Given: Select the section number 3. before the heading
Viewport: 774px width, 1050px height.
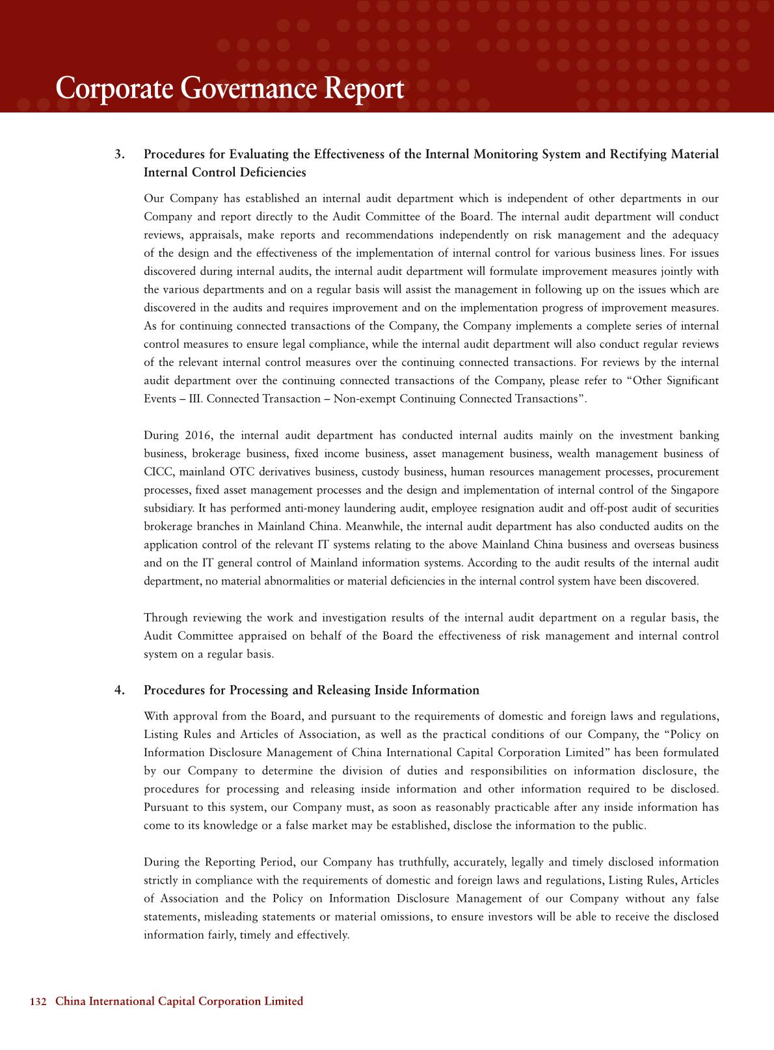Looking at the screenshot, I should [x=120, y=155].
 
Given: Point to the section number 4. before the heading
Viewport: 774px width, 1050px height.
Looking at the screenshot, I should [x=120, y=690].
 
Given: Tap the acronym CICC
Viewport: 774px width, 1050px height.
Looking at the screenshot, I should [x=157, y=472].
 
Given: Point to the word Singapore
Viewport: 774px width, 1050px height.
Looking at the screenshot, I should [x=695, y=490].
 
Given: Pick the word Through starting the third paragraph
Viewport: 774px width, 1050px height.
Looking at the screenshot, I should [x=165, y=618].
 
